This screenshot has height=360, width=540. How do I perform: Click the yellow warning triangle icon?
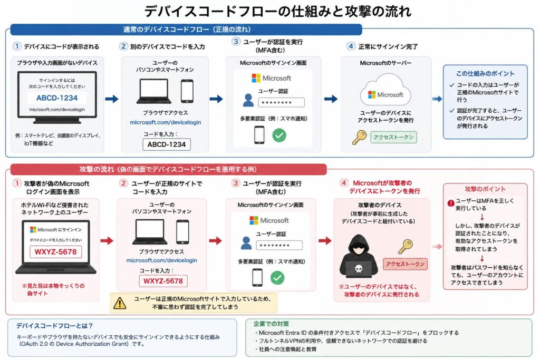[120, 303]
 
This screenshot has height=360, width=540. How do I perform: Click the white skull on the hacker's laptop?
[359, 268]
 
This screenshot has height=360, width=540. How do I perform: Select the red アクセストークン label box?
[405, 264]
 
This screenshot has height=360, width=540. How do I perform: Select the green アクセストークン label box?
[393, 137]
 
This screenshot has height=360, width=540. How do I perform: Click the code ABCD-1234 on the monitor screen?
[57, 98]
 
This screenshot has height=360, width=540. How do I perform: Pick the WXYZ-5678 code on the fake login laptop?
[55, 251]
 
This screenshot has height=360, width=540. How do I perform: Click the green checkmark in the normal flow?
[279, 135]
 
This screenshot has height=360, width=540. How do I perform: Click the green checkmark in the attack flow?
[277, 277]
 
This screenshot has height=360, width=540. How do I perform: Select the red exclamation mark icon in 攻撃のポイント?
[451, 203]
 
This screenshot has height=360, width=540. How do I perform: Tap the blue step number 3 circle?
[236, 42]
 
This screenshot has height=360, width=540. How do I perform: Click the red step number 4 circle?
[344, 183]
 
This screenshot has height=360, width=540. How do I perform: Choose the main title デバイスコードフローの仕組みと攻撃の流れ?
[277, 12]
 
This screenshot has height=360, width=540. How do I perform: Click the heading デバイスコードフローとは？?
[54, 326]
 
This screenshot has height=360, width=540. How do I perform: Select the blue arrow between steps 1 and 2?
[112, 99]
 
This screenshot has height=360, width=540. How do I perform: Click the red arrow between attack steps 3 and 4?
[325, 240]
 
